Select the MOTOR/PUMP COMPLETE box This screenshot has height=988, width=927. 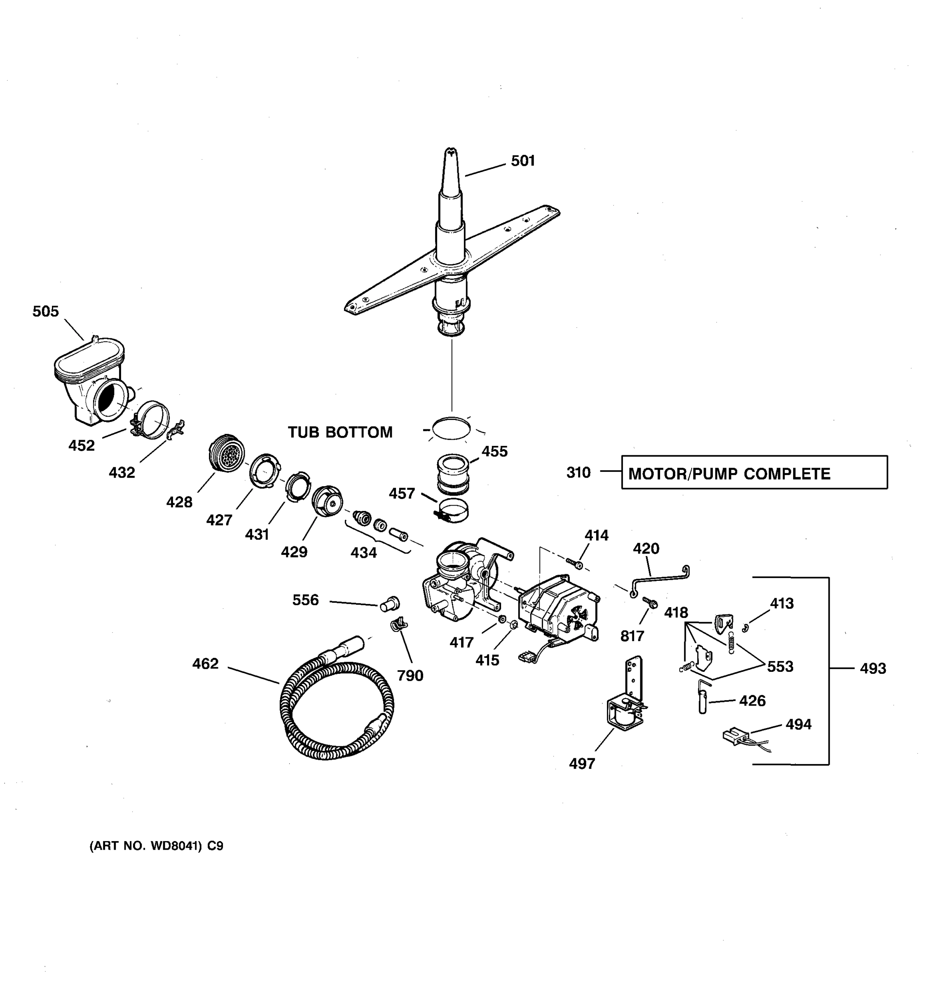(754, 473)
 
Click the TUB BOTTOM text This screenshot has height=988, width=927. (340, 432)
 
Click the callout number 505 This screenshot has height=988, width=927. (46, 312)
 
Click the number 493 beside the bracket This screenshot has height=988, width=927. (873, 669)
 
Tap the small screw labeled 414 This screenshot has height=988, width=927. (575, 563)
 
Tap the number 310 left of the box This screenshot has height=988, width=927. (578, 472)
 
